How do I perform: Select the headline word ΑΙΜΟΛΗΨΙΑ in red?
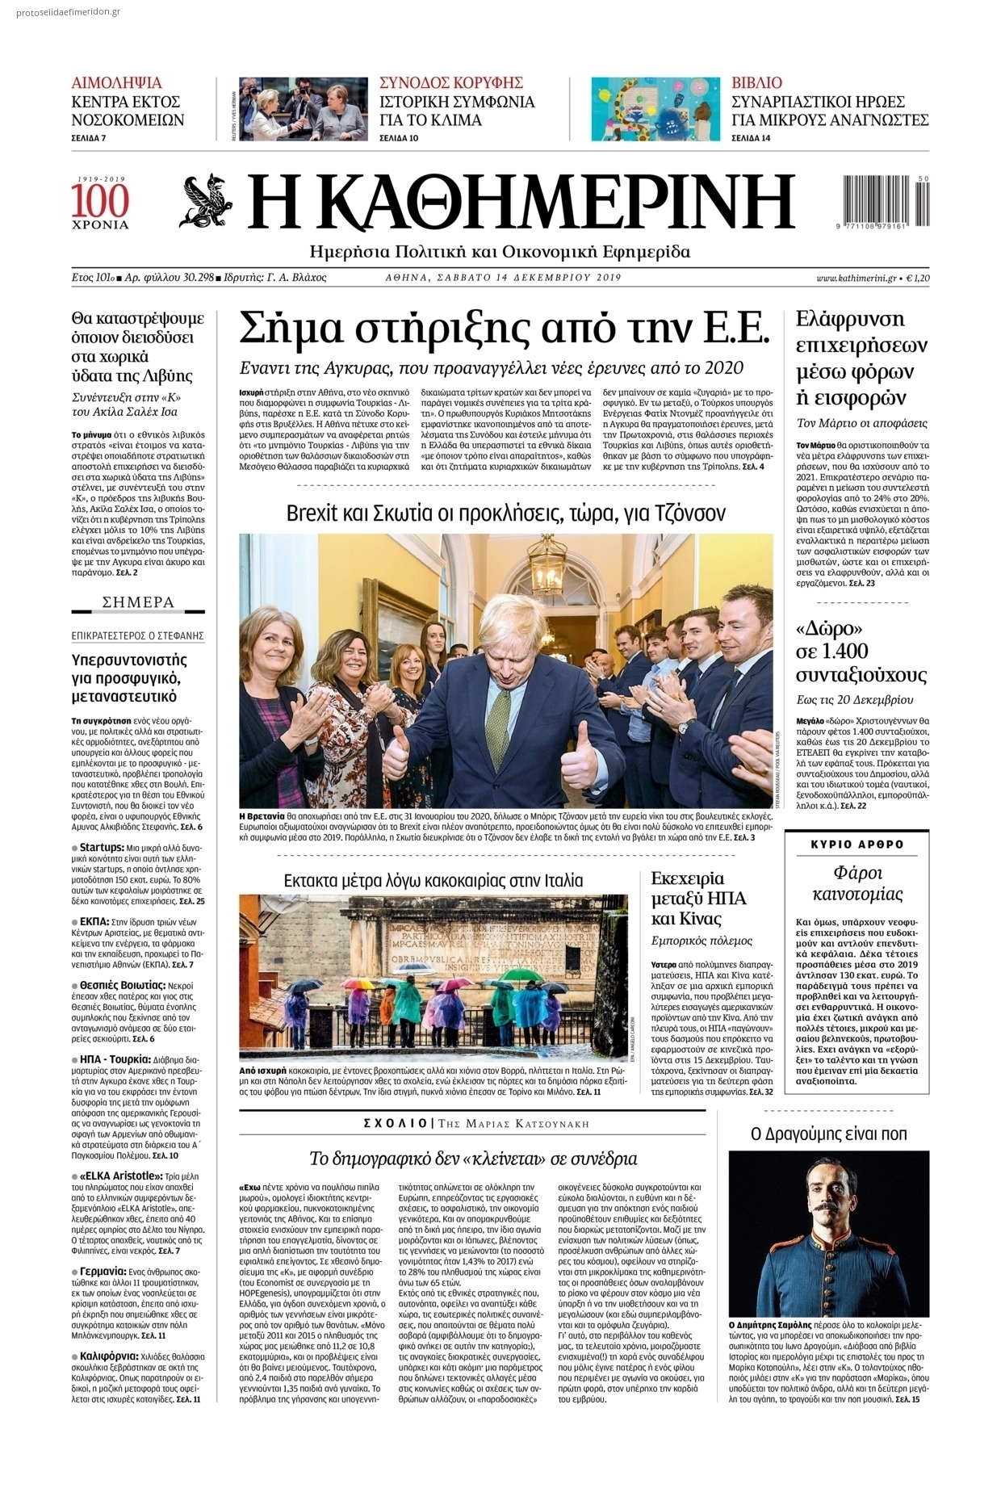(x=116, y=82)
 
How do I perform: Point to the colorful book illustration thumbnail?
(x=655, y=109)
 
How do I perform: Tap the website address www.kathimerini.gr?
(x=857, y=278)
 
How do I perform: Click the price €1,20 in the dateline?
(x=918, y=278)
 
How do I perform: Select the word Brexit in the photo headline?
(x=312, y=513)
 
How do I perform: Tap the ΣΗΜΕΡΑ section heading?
(x=138, y=602)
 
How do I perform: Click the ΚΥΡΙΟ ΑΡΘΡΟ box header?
(x=857, y=845)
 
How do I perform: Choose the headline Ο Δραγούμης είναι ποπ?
(x=828, y=1134)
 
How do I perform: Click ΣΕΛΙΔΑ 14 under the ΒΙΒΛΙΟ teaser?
(x=751, y=138)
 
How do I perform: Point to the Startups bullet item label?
(x=101, y=848)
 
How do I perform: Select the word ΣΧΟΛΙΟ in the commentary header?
(x=396, y=1124)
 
